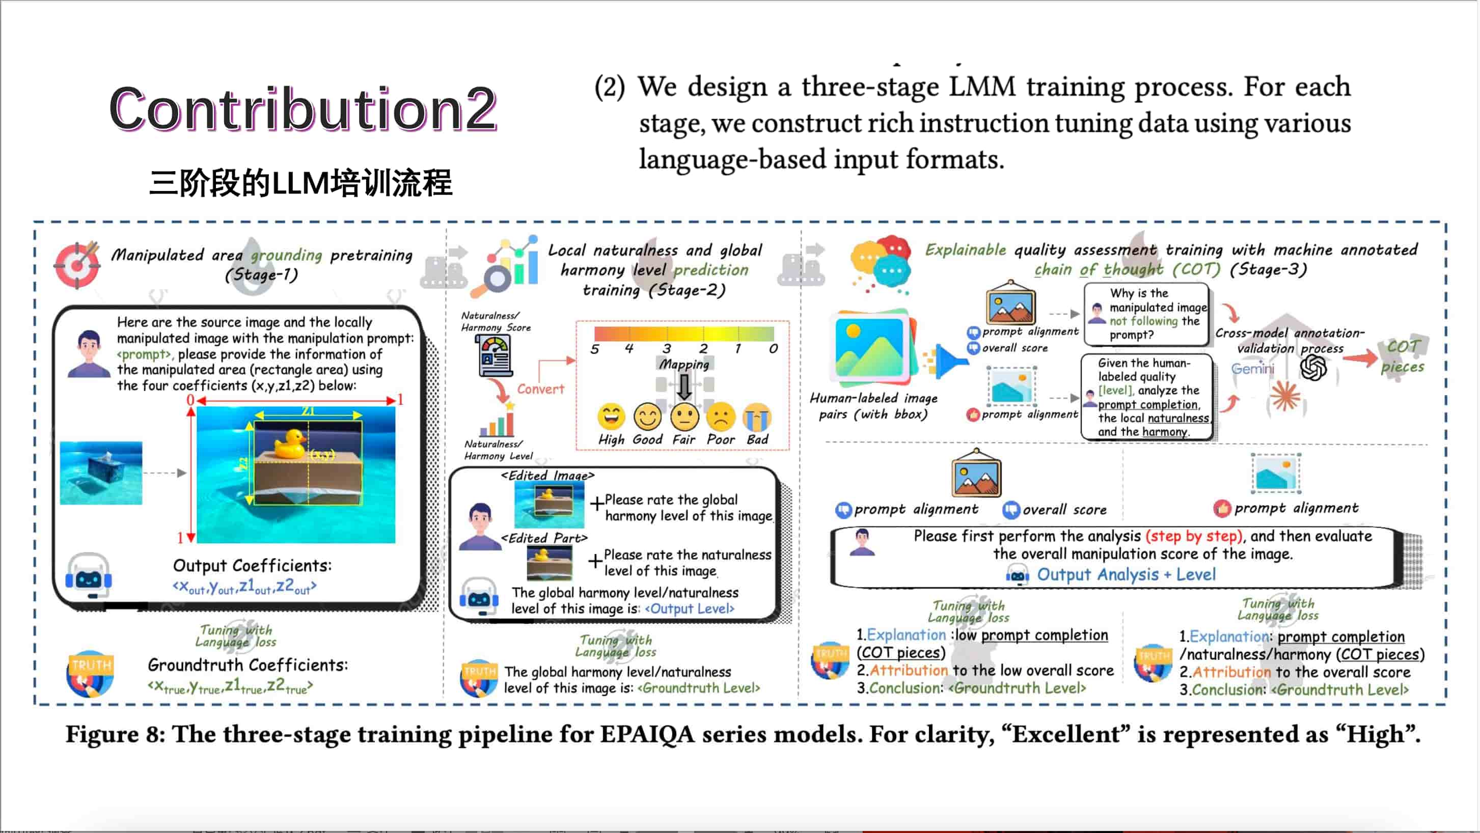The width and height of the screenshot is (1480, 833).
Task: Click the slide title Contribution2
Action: click(x=303, y=108)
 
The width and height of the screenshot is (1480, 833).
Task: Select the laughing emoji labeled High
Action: click(x=611, y=416)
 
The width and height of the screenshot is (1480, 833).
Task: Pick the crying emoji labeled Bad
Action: click(x=757, y=416)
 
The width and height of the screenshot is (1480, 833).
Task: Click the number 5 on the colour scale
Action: click(x=595, y=349)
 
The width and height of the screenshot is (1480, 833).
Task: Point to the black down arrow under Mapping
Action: click(x=683, y=386)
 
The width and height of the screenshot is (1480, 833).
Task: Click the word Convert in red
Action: click(x=541, y=389)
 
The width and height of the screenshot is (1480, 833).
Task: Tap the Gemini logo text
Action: click(x=1252, y=369)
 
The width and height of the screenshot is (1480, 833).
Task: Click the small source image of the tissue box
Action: click(x=101, y=473)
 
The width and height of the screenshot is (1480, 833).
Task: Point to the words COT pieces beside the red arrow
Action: click(x=1403, y=357)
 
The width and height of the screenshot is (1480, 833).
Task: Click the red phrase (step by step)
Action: click(x=1193, y=536)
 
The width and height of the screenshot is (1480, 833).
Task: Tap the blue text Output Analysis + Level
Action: click(x=1126, y=574)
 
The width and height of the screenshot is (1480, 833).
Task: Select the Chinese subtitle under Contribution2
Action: click(x=300, y=183)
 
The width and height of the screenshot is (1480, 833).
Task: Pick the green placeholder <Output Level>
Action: click(x=690, y=608)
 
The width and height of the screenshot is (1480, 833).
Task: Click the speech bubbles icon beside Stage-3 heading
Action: click(x=881, y=264)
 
